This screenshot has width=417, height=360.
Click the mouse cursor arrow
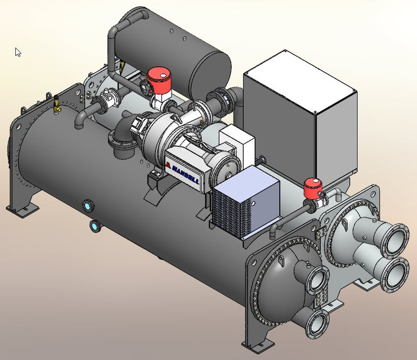pyautogui.click(x=17, y=52)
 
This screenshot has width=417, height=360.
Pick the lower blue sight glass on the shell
pyautogui.click(x=95, y=226)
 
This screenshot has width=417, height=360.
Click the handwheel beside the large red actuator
pyautogui.click(x=147, y=88)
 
